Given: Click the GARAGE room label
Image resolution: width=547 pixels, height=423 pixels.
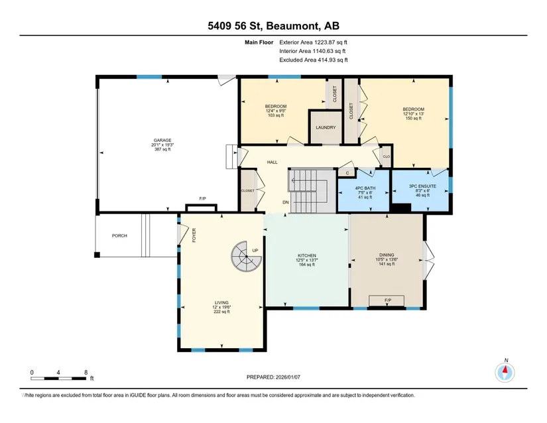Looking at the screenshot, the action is coord(162,140).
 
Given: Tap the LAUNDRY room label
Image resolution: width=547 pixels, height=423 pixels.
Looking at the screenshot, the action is coord(326,128).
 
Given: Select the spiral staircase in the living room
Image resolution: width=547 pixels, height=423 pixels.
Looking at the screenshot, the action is coord(246,257).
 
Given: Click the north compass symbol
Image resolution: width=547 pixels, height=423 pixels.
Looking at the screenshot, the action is coord(505,373).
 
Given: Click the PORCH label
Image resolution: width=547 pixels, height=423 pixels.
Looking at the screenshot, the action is coord(119,236).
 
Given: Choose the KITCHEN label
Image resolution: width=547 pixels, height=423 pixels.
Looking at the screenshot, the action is coord(307,256).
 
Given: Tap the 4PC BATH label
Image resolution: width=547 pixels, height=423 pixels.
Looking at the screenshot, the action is coord(365,188).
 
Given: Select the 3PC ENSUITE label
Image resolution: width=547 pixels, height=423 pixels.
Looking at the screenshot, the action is coord(422,186).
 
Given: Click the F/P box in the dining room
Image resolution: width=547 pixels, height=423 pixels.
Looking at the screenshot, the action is coord(387,300).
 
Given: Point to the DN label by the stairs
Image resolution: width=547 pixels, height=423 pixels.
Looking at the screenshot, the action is coord(286,202).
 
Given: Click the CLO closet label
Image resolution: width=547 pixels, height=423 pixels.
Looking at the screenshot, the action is coord(387,156).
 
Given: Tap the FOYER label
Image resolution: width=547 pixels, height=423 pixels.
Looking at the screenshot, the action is coord(194,235).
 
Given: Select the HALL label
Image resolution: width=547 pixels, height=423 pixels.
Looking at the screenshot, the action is coord(272,162).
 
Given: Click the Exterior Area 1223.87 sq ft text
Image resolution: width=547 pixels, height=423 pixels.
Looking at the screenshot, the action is coord(313,42).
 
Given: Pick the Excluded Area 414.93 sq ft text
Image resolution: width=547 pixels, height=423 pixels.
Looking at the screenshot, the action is coord(314,60).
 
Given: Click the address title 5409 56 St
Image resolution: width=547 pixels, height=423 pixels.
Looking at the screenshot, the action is coord(237,26).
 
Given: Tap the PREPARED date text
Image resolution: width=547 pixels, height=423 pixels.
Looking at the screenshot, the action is coord(273,377).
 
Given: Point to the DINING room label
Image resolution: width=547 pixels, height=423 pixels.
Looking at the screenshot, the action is coord(387,255).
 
